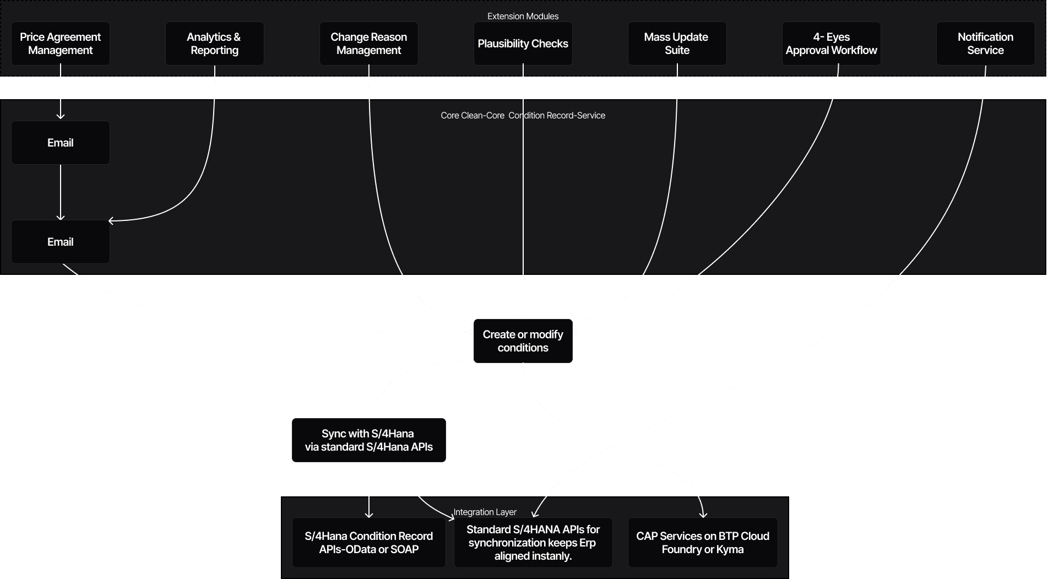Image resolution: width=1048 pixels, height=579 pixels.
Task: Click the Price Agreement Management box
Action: coord(61,44)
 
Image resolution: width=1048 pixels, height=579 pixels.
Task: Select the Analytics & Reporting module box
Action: coord(214,44)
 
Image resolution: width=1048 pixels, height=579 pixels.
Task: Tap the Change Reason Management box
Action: coord(368,44)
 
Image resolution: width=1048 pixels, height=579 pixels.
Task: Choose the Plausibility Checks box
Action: coord(523,44)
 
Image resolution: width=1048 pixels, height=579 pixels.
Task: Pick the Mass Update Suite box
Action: coord(677,44)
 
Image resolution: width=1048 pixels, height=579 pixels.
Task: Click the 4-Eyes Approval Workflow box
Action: coord(831,44)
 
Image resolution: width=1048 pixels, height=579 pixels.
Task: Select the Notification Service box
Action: coord(985,44)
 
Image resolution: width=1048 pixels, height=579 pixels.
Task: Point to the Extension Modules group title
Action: coord(523,17)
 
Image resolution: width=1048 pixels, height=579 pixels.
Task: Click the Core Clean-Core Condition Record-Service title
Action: coord(523,116)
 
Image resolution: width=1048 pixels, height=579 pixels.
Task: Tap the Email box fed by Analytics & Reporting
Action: coord(61,242)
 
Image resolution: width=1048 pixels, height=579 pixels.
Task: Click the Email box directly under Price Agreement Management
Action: coord(61,143)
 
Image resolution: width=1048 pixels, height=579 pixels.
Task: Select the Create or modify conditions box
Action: coord(523,341)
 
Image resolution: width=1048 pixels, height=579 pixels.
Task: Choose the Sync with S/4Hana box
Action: coord(368,440)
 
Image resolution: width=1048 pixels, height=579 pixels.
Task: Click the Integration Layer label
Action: coord(485,512)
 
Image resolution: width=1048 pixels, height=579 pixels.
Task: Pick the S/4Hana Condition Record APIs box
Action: coord(368,543)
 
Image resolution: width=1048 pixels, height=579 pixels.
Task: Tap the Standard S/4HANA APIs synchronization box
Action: coord(533,543)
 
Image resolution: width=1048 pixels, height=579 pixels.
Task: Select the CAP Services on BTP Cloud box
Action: coord(703,543)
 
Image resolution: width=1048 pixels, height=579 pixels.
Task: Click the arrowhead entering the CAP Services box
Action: coord(703,515)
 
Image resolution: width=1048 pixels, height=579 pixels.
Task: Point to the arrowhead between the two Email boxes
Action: coord(61,218)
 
